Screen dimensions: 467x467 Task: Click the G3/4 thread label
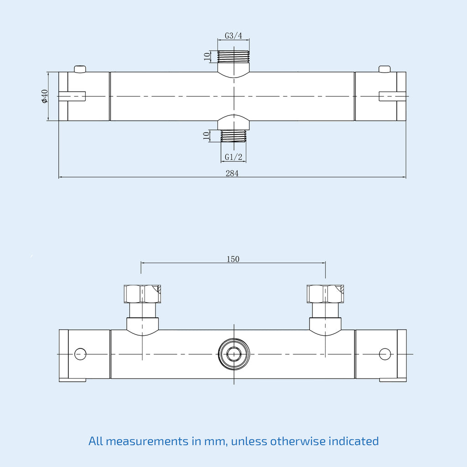pyautogui.click(x=233, y=36)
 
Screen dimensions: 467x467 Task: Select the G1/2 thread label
pyautogui.click(x=233, y=157)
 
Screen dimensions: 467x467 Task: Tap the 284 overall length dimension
pyautogui.click(x=232, y=173)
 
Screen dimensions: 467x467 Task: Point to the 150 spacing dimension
pyautogui.click(x=233, y=259)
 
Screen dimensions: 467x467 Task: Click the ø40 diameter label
pyautogui.click(x=45, y=96)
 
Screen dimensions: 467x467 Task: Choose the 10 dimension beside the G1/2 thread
pyautogui.click(x=206, y=136)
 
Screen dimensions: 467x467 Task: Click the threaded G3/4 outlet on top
pyautogui.click(x=233, y=56)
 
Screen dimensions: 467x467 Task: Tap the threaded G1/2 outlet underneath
pyautogui.click(x=233, y=136)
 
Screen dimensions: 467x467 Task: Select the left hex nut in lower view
pyautogui.click(x=142, y=294)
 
